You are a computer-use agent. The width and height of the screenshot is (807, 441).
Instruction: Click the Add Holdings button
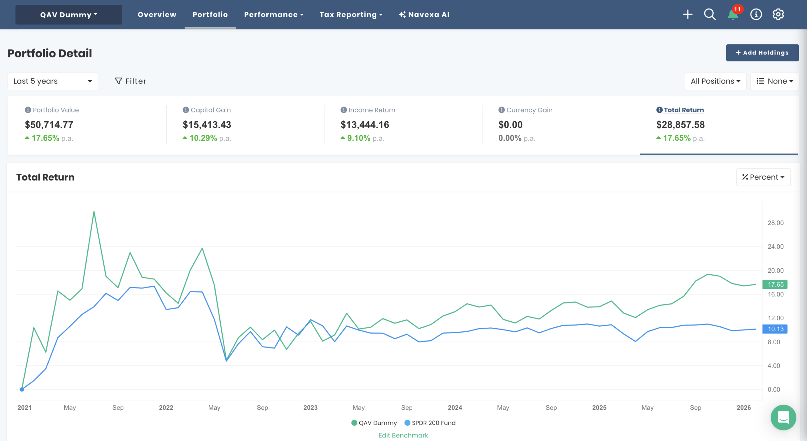click(762, 53)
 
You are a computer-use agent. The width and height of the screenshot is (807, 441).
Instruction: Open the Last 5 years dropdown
click(53, 81)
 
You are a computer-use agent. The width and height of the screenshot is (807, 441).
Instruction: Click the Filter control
click(131, 81)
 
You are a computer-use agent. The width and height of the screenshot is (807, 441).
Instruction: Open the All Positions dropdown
click(715, 81)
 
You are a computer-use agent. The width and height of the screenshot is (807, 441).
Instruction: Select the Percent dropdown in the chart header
click(763, 177)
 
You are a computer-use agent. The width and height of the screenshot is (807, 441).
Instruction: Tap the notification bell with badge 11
click(733, 14)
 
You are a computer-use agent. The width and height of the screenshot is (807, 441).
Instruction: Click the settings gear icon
click(778, 14)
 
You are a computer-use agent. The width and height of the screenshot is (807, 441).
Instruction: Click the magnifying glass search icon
click(710, 14)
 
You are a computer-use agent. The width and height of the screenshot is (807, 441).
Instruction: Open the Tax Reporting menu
click(351, 14)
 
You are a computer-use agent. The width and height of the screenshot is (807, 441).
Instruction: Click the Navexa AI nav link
click(424, 14)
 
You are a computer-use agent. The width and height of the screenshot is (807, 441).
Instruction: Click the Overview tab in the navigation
click(157, 14)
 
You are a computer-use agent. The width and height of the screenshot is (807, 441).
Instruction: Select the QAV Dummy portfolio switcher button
click(69, 14)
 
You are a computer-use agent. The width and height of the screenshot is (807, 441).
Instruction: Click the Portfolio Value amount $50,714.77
click(49, 125)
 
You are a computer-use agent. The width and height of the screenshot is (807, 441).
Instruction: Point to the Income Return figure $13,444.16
click(365, 125)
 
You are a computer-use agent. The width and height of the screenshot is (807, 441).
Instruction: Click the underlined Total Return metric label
click(683, 110)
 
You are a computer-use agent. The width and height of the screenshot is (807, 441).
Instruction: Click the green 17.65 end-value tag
click(775, 284)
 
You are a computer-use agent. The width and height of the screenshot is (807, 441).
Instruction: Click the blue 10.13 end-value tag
click(775, 329)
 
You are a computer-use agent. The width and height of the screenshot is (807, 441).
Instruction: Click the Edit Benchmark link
click(403, 435)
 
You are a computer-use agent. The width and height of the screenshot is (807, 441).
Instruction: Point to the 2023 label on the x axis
click(310, 408)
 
